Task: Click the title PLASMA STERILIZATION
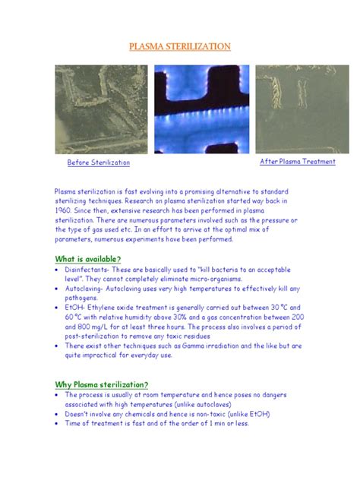coord(179,47)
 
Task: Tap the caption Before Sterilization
coord(99,163)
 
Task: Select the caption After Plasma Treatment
coord(298,162)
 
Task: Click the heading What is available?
coord(87,259)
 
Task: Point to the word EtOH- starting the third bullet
coord(75,308)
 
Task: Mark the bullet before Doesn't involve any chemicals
coord(58,414)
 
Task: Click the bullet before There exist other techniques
coord(58,345)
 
